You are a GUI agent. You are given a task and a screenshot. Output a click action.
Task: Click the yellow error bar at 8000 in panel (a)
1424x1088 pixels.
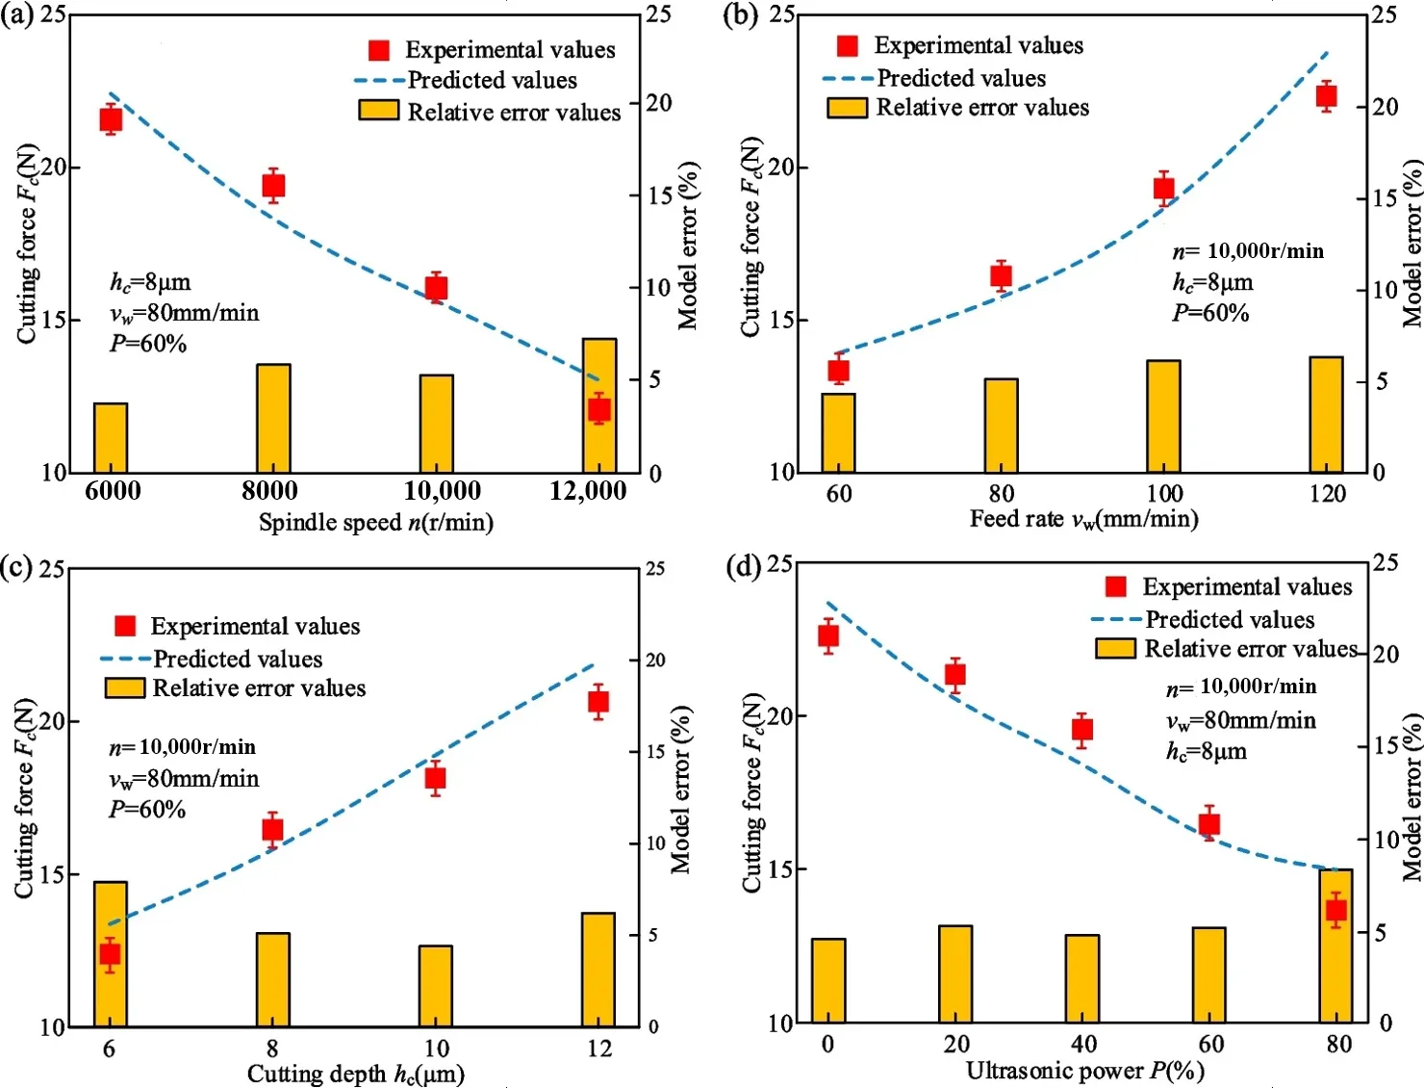(x=273, y=418)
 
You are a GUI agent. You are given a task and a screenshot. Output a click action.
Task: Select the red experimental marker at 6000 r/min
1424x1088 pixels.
(x=111, y=119)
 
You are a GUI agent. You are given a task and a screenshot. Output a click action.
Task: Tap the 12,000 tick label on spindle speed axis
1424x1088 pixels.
(x=588, y=491)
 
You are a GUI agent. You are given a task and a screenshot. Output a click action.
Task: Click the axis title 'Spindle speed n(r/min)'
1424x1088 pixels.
(x=375, y=523)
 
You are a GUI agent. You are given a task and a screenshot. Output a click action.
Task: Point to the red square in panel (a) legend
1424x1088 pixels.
(x=379, y=50)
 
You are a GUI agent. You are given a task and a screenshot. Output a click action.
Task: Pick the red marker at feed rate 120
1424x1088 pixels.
(x=1327, y=95)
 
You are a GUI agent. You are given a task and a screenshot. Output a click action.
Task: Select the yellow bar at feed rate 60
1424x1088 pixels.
(x=838, y=432)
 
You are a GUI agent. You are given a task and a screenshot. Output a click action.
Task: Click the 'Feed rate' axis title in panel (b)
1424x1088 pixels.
(x=1083, y=520)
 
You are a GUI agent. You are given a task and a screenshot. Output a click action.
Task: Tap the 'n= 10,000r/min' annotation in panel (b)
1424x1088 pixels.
(x=1248, y=251)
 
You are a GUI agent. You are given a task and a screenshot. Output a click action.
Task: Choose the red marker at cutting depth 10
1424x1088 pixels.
(x=435, y=778)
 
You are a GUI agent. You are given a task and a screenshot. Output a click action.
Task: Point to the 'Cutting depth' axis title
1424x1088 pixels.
(x=355, y=1074)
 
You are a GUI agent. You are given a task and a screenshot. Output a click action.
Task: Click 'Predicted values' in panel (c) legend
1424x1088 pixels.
(x=238, y=660)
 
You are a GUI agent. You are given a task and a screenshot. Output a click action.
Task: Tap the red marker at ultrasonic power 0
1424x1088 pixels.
(x=828, y=635)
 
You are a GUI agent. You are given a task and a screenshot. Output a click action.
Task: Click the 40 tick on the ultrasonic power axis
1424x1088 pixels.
(x=1083, y=1044)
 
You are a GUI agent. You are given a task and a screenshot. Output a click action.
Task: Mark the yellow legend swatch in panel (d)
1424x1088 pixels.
(x=1115, y=649)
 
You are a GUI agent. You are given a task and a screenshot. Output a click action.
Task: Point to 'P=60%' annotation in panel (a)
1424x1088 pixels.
(x=148, y=344)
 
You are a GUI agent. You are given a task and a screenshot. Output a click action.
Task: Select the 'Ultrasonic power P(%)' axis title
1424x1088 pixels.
(x=1084, y=1071)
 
